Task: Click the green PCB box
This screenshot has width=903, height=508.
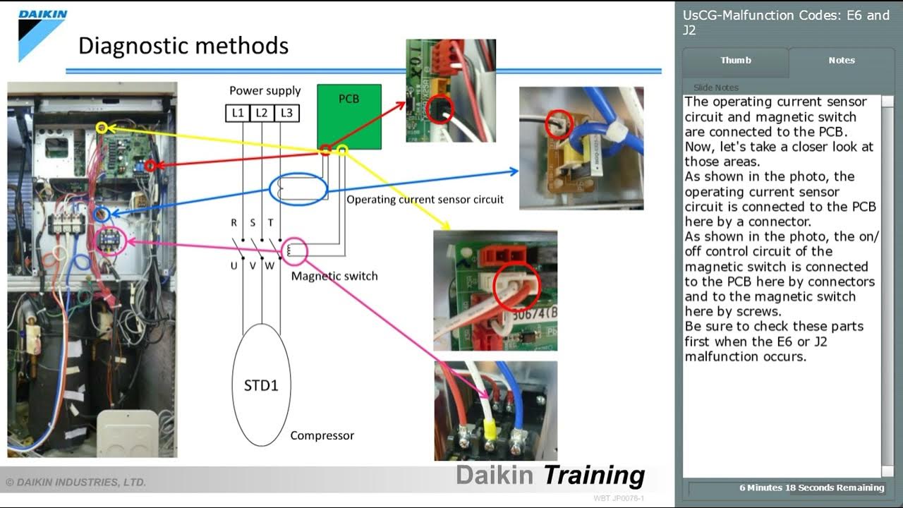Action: pyautogui.click(x=349, y=116)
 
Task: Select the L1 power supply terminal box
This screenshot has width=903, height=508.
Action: pyautogui.click(x=238, y=113)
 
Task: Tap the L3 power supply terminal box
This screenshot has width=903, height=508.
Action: pyautogui.click(x=286, y=113)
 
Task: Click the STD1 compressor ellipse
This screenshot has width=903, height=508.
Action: pyautogui.click(x=261, y=385)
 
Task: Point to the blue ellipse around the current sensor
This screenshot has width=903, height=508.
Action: pyautogui.click(x=298, y=190)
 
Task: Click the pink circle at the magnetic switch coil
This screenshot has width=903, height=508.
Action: pyautogui.click(x=295, y=250)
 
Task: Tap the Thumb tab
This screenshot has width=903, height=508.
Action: pyautogui.click(x=735, y=61)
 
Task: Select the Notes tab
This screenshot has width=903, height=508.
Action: pyautogui.click(x=841, y=61)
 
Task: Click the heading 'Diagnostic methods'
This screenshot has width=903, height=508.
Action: pyautogui.click(x=183, y=46)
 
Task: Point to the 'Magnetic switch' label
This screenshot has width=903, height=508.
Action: pyautogui.click(x=334, y=276)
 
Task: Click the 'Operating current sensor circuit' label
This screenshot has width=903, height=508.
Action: pyautogui.click(x=425, y=200)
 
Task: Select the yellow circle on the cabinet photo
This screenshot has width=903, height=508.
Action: pyautogui.click(x=102, y=128)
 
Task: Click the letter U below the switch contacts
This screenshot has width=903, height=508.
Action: pyautogui.click(x=234, y=266)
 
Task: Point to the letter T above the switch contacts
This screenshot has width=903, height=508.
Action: pyautogui.click(x=270, y=223)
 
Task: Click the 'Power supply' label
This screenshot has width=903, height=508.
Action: pyautogui.click(x=265, y=90)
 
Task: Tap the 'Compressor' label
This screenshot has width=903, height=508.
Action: pyautogui.click(x=322, y=435)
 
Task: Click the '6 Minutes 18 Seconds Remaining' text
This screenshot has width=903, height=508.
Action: pyautogui.click(x=811, y=488)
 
